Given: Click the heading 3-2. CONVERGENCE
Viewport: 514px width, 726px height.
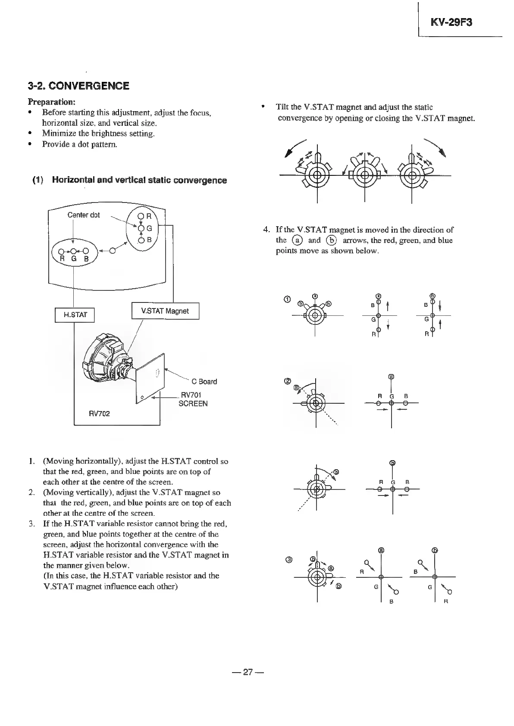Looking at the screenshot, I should [x=78, y=86].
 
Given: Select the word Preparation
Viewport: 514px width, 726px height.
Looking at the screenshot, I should [x=52, y=102].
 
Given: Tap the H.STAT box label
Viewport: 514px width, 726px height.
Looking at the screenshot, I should [x=75, y=315].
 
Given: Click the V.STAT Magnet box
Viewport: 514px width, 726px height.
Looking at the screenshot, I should [x=165, y=311].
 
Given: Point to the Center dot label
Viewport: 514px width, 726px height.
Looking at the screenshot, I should [x=83, y=215].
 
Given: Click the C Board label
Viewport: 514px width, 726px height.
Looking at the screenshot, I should [x=204, y=381].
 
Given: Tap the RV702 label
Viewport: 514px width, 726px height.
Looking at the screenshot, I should [x=99, y=414].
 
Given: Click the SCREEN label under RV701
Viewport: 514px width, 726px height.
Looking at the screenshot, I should [x=193, y=404].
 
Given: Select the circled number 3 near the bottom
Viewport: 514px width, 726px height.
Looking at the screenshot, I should [x=289, y=560].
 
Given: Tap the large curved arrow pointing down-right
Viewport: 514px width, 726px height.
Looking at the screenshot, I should [x=435, y=149].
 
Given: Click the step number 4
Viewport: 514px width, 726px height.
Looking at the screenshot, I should [x=266, y=230].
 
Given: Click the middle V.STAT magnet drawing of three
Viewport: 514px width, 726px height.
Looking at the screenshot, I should [x=365, y=174].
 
